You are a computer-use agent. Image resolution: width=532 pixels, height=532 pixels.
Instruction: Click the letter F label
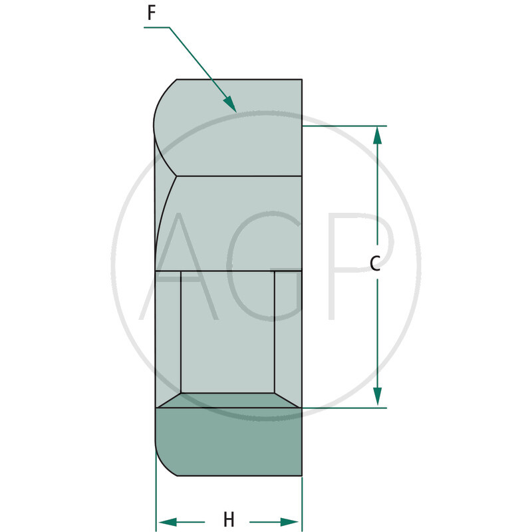tap(152, 13)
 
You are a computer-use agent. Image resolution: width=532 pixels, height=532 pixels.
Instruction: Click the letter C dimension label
tap(375, 263)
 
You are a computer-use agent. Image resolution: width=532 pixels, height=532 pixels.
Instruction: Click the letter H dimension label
tap(229, 519)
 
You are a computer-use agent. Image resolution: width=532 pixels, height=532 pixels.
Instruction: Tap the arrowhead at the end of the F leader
tap(230, 104)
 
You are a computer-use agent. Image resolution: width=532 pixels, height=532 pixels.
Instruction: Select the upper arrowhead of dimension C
tap(377, 135)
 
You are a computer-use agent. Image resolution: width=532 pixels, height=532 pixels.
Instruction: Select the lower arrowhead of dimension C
tap(377, 397)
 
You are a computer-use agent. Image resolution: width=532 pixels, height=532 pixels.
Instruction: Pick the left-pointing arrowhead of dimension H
tap(168, 522)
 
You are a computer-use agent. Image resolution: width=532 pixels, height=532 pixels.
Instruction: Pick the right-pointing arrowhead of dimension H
tap(290, 522)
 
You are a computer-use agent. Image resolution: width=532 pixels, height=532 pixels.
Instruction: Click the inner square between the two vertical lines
tap(227, 332)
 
